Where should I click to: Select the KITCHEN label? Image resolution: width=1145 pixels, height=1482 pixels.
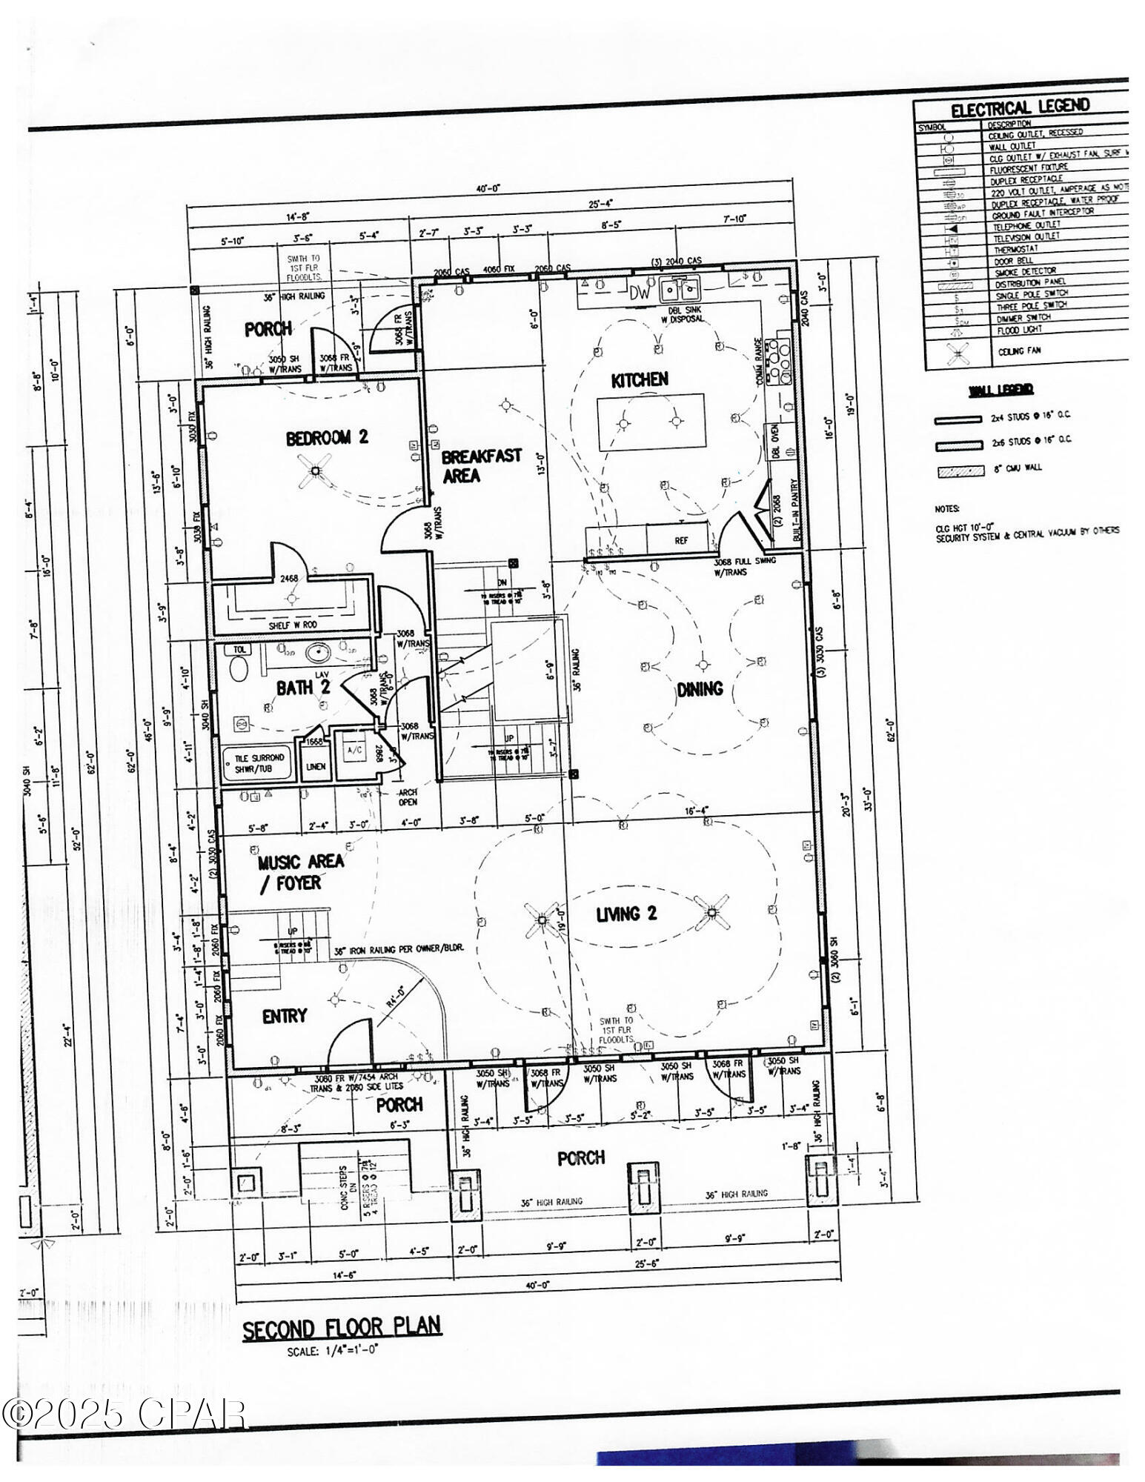click(x=639, y=380)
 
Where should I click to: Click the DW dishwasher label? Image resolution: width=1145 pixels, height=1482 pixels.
click(x=638, y=293)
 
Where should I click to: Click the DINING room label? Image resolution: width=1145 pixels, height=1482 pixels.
click(x=700, y=689)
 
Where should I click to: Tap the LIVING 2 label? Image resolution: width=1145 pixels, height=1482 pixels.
click(x=627, y=914)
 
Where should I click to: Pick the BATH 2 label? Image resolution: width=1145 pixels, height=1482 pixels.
click(x=302, y=688)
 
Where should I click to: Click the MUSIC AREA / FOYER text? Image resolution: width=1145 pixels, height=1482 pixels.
click(x=300, y=872)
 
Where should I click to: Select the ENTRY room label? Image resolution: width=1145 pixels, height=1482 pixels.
click(x=284, y=1017)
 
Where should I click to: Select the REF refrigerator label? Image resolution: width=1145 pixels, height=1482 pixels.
click(x=680, y=541)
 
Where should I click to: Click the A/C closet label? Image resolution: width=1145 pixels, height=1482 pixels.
click(x=354, y=750)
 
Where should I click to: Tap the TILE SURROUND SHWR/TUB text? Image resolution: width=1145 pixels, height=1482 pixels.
click(x=259, y=764)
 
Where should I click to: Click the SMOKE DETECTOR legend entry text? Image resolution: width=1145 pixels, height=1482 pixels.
click(x=1024, y=271)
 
